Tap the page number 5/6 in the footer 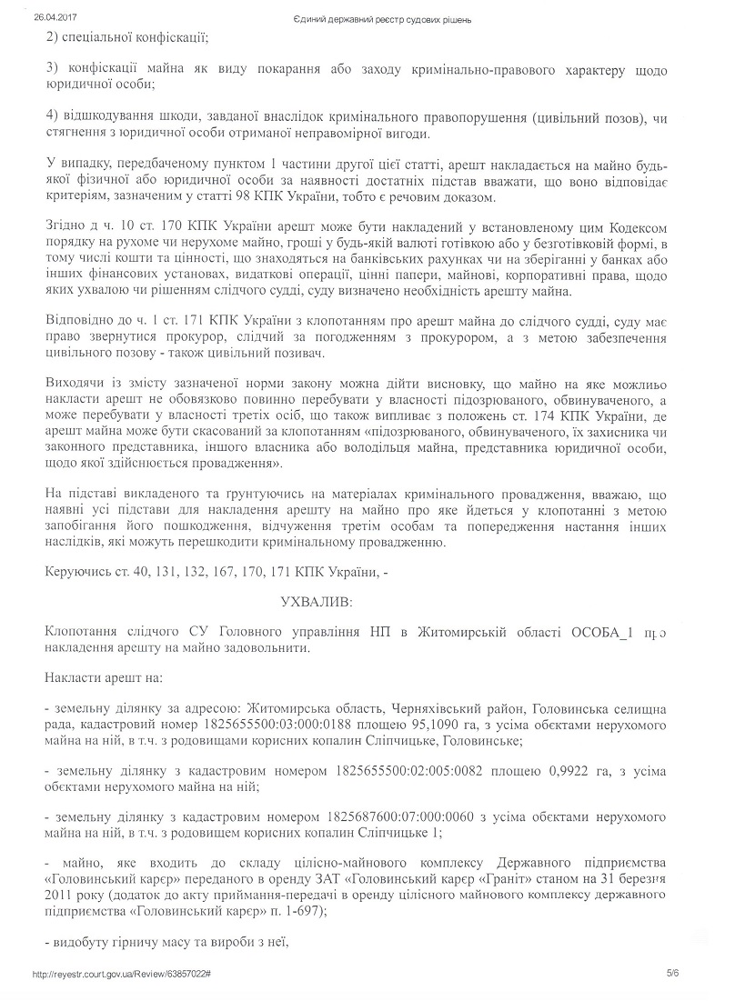(672, 973)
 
